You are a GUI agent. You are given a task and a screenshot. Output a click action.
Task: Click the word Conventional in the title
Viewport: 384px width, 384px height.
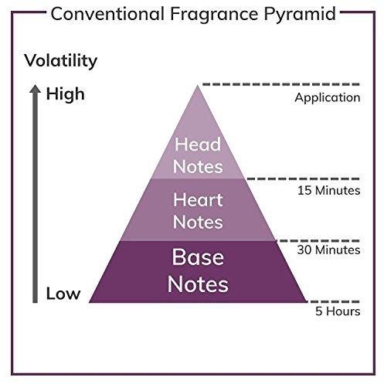click(x=107, y=14)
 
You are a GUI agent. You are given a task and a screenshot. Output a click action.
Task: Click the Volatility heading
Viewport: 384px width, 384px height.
click(x=61, y=61)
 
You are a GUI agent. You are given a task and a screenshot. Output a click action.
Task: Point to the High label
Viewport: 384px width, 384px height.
click(x=66, y=95)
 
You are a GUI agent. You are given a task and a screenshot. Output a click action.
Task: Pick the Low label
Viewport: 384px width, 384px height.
click(x=63, y=294)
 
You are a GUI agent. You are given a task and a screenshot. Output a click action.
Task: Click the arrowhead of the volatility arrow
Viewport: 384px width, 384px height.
click(x=35, y=88)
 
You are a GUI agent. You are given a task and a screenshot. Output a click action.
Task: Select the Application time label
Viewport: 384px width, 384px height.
click(x=328, y=98)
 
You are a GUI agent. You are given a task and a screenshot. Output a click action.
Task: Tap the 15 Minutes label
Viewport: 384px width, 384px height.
click(x=329, y=191)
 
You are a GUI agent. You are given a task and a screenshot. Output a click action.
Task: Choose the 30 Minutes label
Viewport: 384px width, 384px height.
click(x=328, y=250)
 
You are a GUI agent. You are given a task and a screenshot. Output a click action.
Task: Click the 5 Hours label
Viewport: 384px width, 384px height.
click(x=338, y=311)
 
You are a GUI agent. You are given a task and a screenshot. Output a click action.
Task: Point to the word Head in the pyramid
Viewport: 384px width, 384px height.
click(x=198, y=144)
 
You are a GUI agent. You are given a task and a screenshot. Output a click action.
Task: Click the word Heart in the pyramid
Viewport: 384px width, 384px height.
click(x=198, y=200)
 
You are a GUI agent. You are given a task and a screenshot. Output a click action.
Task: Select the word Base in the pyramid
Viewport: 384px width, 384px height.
click(x=198, y=257)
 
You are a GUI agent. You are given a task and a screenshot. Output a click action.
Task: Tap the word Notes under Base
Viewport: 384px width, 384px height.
click(x=198, y=284)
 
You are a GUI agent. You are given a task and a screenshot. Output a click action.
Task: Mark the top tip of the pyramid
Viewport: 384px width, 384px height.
click(x=198, y=85)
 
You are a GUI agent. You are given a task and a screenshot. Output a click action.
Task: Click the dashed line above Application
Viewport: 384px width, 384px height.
click(x=281, y=84)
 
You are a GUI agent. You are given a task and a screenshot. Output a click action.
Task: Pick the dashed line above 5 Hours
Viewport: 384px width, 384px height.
click(x=334, y=301)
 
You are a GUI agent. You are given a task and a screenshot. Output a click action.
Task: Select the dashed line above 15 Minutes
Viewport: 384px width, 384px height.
click(x=303, y=178)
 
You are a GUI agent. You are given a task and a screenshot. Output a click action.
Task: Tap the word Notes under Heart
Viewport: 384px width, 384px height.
click(x=198, y=222)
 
